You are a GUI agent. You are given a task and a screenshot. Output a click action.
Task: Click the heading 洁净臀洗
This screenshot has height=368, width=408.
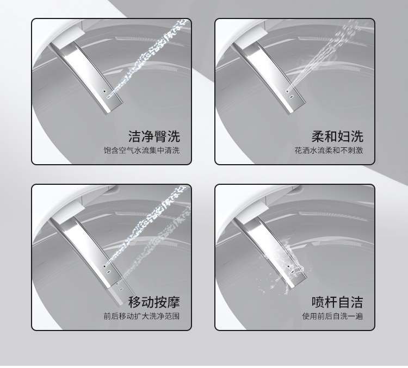pyautogui.click(x=154, y=136)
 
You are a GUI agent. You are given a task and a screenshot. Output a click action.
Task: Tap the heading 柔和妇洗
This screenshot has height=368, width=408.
pyautogui.click(x=337, y=136)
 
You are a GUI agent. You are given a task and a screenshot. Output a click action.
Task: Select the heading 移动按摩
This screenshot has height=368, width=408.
pyautogui.click(x=154, y=302)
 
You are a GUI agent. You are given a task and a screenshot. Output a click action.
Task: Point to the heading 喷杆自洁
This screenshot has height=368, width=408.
pyautogui.click(x=337, y=302)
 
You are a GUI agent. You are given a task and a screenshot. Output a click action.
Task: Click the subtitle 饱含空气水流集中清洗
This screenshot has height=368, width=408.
pyautogui.click(x=141, y=150)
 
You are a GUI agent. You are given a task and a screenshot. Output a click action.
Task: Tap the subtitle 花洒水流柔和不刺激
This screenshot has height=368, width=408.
pyautogui.click(x=329, y=150)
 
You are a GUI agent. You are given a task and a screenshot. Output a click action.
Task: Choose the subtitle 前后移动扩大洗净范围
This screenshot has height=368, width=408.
pyautogui.click(x=141, y=316)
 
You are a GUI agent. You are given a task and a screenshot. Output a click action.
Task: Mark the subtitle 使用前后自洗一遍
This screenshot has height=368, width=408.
pyautogui.click(x=333, y=316)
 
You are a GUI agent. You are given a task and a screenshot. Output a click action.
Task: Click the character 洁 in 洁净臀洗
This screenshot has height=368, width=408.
pyautogui.click(x=134, y=136)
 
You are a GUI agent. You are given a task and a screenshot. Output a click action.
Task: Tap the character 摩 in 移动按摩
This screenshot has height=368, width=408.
pyautogui.click(x=174, y=302)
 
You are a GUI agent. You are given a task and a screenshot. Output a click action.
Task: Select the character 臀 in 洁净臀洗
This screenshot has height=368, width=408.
pyautogui.click(x=160, y=136)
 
